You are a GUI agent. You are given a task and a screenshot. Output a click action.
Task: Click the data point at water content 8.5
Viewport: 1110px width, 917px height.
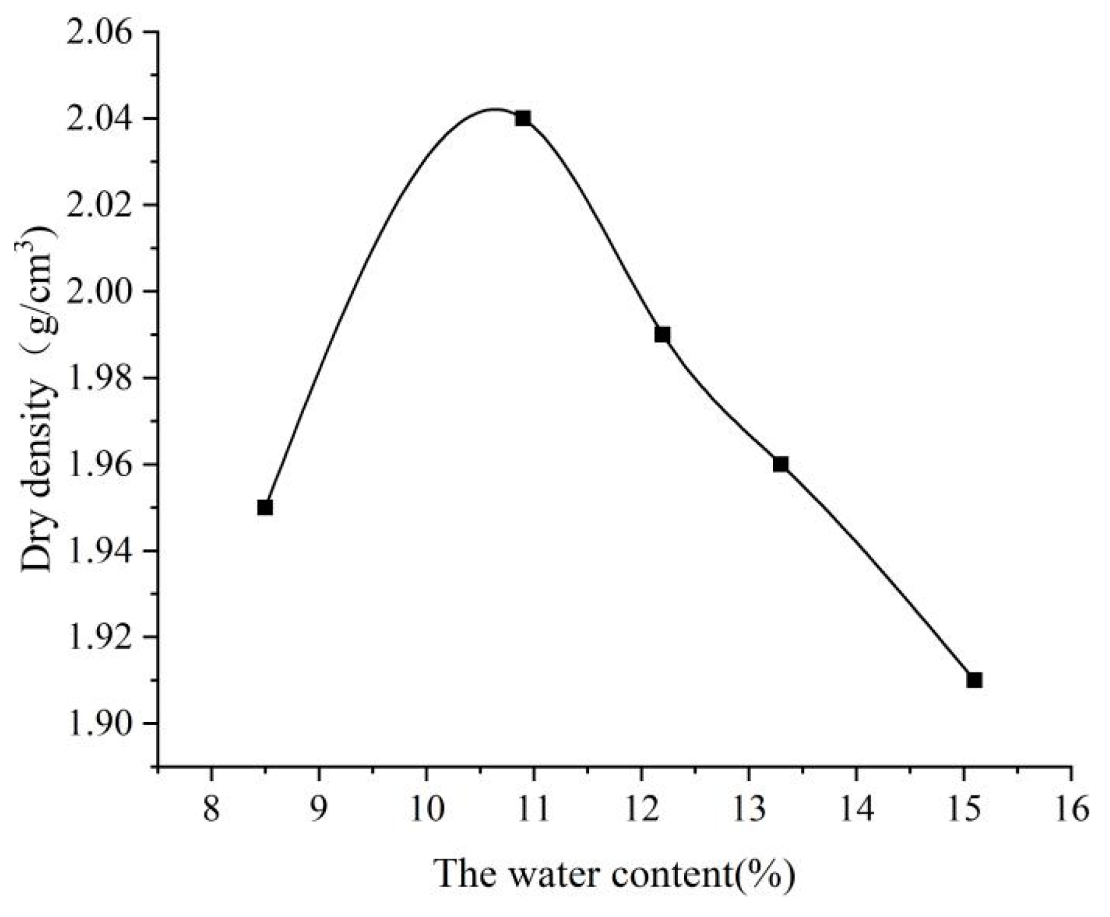pyautogui.click(x=265, y=507)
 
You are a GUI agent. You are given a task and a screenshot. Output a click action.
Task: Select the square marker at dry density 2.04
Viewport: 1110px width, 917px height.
pyautogui.click(x=523, y=118)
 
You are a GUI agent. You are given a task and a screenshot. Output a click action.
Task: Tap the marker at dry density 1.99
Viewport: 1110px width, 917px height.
pyautogui.click(x=662, y=335)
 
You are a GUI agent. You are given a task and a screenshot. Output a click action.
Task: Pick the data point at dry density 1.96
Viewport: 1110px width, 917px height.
pyautogui.click(x=780, y=464)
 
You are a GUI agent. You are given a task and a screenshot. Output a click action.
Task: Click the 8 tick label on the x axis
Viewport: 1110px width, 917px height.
pyautogui.click(x=212, y=811)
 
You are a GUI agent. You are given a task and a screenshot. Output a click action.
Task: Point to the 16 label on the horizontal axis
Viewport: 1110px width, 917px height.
pyautogui.click(x=1071, y=811)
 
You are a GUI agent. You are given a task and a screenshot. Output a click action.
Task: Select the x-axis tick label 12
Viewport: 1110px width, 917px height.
pyautogui.click(x=641, y=811)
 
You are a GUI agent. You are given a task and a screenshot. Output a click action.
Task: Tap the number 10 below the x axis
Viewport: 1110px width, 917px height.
pyautogui.click(x=426, y=811)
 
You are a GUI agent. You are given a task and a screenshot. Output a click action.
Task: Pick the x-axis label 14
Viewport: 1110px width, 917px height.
pyautogui.click(x=856, y=811)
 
